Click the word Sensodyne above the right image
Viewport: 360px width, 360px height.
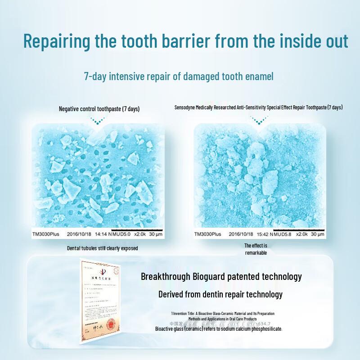186,108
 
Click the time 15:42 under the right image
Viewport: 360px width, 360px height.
264,234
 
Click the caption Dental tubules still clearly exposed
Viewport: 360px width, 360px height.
102,248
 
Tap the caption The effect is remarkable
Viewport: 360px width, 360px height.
256,249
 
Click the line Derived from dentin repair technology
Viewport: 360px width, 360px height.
220,294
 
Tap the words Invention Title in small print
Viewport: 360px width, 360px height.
186,313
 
